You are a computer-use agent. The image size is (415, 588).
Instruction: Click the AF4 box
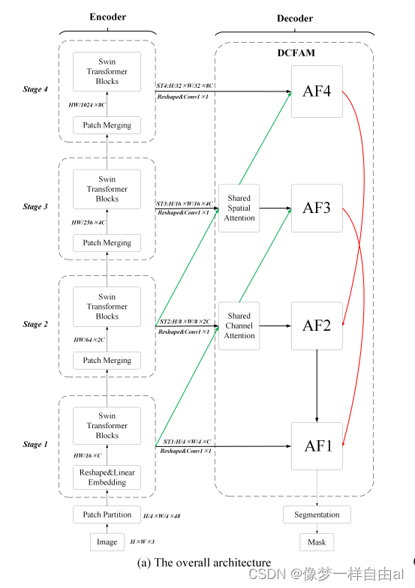click(x=317, y=91)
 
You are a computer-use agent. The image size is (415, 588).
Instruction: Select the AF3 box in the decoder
click(x=317, y=208)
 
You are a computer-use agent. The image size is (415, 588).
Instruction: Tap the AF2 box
click(x=317, y=325)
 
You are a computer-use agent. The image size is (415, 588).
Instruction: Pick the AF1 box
click(x=317, y=446)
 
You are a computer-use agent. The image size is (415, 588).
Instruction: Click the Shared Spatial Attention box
click(x=239, y=208)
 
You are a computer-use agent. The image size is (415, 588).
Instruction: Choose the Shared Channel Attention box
click(x=239, y=325)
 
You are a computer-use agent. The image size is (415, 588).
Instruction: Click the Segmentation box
click(x=317, y=514)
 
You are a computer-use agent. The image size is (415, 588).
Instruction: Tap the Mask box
click(x=317, y=542)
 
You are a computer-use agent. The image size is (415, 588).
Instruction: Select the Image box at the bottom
click(x=107, y=541)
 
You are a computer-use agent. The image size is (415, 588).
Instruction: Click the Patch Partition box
click(x=107, y=514)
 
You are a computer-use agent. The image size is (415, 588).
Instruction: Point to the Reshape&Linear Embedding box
click(x=107, y=477)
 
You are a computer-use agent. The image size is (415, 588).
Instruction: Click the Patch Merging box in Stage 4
click(x=107, y=125)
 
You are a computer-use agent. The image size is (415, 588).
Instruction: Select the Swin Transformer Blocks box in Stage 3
click(x=107, y=189)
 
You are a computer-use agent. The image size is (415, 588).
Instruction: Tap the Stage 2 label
click(x=35, y=324)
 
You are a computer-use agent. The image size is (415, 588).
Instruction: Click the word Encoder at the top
click(x=108, y=16)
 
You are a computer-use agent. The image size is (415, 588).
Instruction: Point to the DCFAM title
click(x=296, y=52)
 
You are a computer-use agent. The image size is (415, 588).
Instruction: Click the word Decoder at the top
click(x=295, y=18)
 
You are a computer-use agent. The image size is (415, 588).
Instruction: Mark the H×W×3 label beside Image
click(x=143, y=541)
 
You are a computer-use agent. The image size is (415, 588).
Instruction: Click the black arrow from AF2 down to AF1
click(x=317, y=386)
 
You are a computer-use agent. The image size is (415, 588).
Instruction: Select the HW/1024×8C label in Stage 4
click(x=87, y=105)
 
